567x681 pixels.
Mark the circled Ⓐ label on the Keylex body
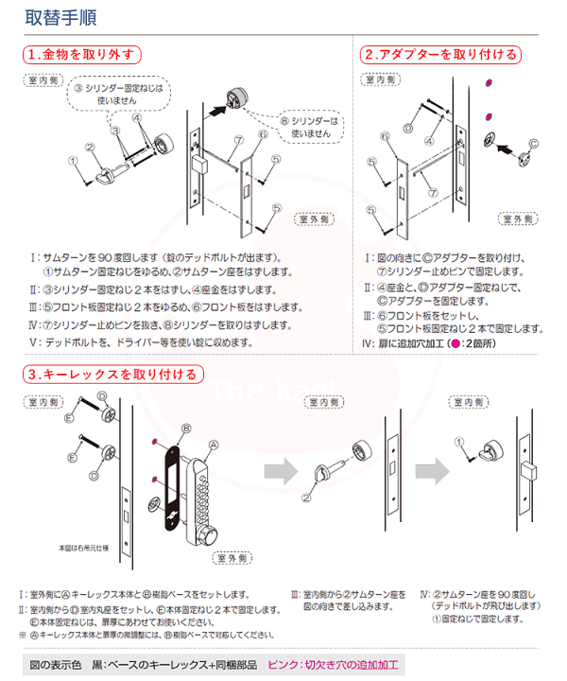coord(213,445)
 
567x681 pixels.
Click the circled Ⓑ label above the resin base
coord(186,428)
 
